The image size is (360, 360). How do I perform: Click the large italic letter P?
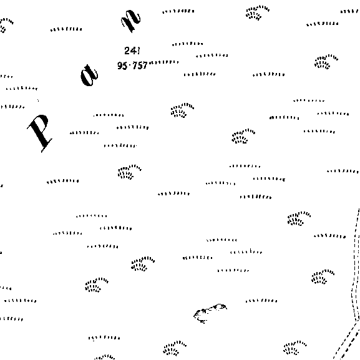pos(40,132)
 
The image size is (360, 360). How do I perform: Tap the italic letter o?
pos(89,75)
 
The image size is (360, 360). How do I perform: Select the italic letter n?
pos(131,21)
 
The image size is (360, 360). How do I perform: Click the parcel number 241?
pos(132,51)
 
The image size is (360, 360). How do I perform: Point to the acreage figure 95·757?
pos(132,66)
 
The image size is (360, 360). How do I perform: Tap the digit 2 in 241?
pos(127,51)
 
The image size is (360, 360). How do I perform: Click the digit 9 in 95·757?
pos(120,66)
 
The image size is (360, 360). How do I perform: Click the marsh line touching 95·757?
pos(163,62)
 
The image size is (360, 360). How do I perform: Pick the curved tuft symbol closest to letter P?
pos(130,172)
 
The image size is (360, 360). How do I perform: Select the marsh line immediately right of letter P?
pos(84,133)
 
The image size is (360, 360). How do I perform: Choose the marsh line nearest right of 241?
pos(188,44)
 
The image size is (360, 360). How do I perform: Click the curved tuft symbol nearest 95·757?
pos(182,110)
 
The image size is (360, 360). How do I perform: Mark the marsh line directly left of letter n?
pos(66,29)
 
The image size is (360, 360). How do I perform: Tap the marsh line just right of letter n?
pos(178,11)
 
